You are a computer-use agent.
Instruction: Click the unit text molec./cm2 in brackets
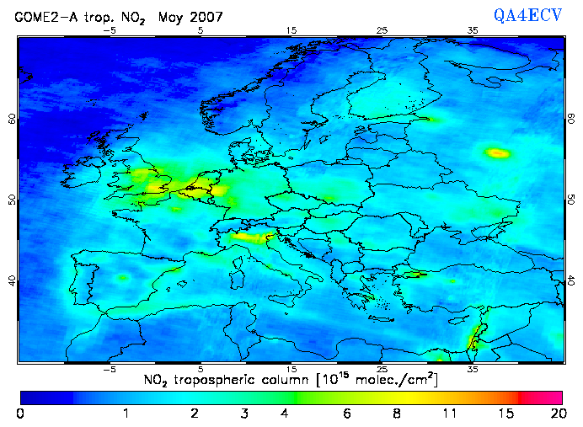394,379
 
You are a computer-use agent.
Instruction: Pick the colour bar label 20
556,414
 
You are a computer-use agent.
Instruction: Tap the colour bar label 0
20,414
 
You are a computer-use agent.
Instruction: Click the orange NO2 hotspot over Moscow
498,152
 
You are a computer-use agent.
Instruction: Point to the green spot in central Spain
123,277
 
